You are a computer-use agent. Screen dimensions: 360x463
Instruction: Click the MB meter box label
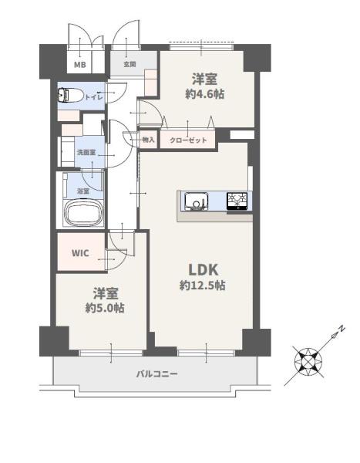point(79,64)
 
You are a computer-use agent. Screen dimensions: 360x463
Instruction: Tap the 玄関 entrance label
point(130,64)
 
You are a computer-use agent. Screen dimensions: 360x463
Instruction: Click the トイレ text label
point(94,97)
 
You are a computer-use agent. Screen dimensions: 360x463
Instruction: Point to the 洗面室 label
point(86,152)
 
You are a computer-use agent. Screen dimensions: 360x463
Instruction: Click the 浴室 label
point(83,191)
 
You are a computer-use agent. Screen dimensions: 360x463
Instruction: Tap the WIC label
point(80,253)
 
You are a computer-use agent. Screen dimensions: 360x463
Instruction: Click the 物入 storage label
point(149,140)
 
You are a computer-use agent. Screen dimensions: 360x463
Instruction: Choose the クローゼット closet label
point(188,140)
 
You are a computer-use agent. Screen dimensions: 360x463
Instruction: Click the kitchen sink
point(197,201)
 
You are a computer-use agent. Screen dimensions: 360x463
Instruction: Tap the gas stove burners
point(237,201)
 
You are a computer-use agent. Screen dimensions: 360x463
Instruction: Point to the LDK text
point(204,270)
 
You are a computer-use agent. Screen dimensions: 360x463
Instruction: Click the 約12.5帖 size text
point(203,286)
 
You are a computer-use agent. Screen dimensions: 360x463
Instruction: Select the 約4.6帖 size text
point(205,94)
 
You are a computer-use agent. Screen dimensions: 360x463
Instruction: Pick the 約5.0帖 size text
point(105,308)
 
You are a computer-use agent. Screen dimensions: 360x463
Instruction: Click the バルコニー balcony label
point(157,374)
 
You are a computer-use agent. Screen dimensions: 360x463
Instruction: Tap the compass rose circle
point(308,362)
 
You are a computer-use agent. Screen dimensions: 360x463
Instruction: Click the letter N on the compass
point(342,329)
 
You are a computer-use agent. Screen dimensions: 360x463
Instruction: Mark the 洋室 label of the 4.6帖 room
point(205,79)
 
